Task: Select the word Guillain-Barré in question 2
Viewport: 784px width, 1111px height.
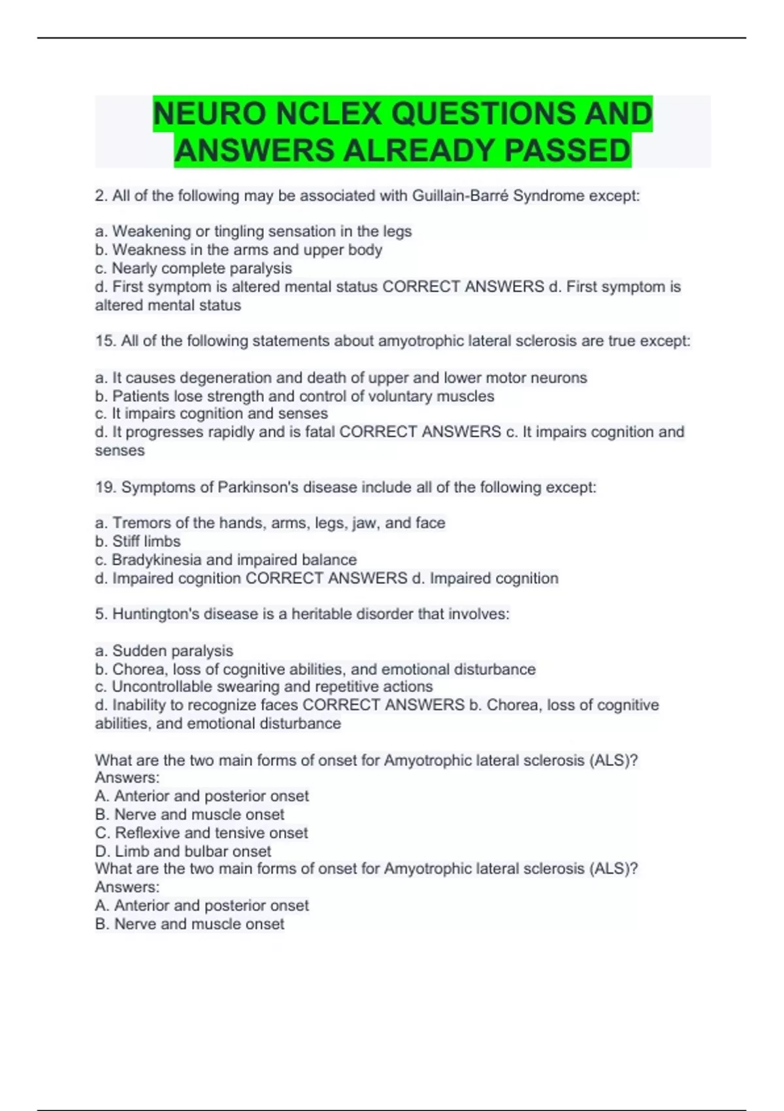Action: point(460,195)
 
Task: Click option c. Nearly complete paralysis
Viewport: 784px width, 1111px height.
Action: point(193,268)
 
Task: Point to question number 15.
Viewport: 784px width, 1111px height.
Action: point(105,340)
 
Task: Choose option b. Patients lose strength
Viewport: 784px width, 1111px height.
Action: point(294,396)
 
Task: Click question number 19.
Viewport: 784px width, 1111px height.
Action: point(105,487)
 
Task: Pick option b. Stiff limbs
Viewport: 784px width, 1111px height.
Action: point(138,541)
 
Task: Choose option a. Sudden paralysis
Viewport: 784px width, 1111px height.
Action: point(164,650)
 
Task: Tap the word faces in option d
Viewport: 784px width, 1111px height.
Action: point(280,705)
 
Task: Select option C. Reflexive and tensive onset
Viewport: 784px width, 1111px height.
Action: point(201,833)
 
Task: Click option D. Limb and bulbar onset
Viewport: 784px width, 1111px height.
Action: point(183,851)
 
